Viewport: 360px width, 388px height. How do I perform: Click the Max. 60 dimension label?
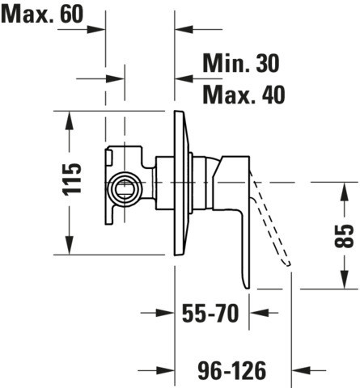pos(42,14)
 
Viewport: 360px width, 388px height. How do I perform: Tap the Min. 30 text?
pos(241,63)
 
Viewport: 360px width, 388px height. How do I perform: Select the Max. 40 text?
pos(244,95)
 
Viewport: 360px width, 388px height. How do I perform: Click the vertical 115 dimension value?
pos(72,179)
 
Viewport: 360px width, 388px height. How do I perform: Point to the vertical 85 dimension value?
pos(344,236)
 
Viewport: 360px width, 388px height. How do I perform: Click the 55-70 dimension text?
pos(210,313)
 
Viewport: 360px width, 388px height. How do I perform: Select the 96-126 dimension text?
pos(232,370)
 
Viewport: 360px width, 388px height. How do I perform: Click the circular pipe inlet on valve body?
pos(125,189)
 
